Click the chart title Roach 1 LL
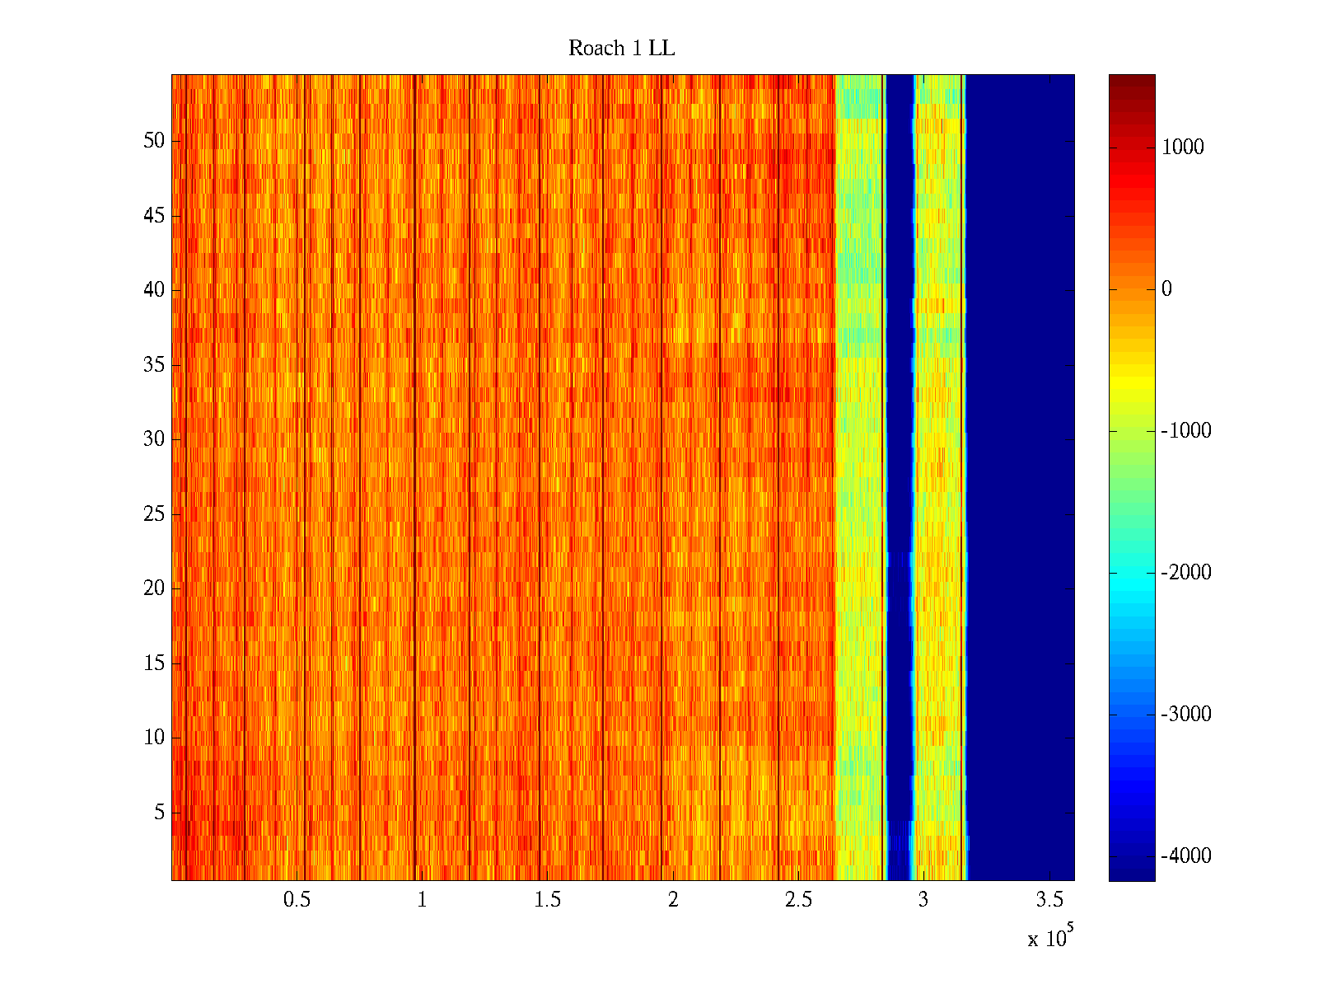[x=621, y=49]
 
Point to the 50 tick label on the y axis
[x=154, y=141]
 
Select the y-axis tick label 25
[x=154, y=514]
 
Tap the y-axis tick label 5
[x=159, y=813]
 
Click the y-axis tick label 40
[x=154, y=290]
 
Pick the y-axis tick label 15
[x=154, y=663]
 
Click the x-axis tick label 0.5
[x=297, y=900]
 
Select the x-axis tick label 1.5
[x=547, y=900]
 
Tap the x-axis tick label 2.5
[x=798, y=900]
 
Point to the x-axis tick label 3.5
[x=1049, y=900]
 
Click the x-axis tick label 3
[x=923, y=900]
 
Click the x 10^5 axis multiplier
[x=1050, y=938]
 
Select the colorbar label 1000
[x=1182, y=148]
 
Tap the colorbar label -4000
[x=1185, y=856]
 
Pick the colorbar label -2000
[x=1185, y=573]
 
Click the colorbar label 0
[x=1166, y=289]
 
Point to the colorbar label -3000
[x=1185, y=715]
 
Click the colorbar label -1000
[x=1185, y=431]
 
